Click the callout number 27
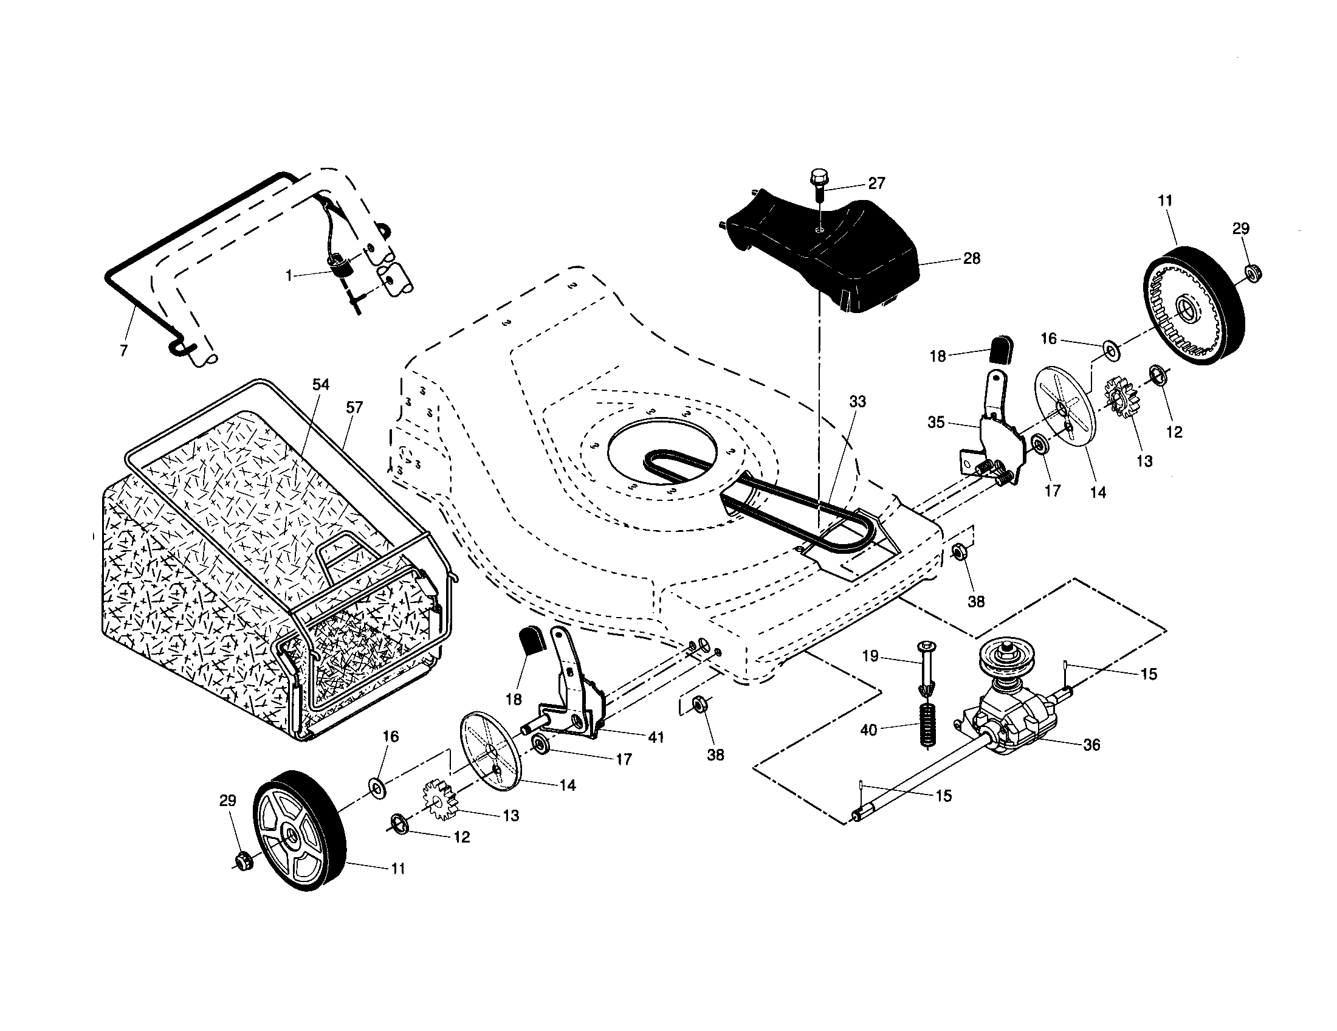click(876, 183)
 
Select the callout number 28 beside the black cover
click(972, 258)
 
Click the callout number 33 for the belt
click(858, 402)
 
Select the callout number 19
click(870, 657)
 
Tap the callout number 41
click(656, 738)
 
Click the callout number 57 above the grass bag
click(354, 407)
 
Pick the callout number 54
click(320, 384)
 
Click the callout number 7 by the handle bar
click(123, 351)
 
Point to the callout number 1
click(289, 276)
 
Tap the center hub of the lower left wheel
click(288, 836)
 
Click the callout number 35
click(936, 422)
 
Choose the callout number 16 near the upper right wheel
click(1049, 339)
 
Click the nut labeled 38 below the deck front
click(697, 706)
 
